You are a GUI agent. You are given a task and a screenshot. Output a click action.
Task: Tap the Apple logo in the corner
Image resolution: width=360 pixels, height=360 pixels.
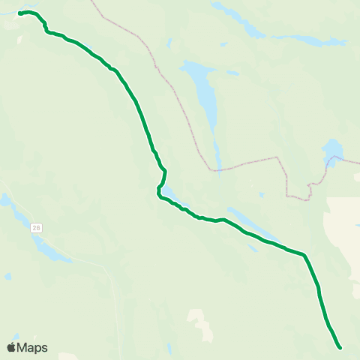(x=11, y=347)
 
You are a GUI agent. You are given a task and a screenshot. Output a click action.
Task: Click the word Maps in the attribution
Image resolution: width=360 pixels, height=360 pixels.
(x=32, y=347)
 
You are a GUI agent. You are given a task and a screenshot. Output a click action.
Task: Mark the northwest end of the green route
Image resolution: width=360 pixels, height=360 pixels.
(x=20, y=13)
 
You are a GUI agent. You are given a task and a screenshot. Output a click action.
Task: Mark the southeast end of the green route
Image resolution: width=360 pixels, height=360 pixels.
(x=340, y=347)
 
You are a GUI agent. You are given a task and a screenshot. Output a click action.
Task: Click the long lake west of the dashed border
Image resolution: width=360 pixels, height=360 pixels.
(x=203, y=94)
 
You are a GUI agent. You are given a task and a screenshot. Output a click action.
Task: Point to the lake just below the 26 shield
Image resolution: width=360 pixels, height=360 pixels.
(x=49, y=250)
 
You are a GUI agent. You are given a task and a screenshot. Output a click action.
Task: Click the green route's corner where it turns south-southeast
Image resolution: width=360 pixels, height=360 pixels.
(x=304, y=256)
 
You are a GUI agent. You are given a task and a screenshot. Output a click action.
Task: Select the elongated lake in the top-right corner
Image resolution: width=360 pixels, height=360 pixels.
(x=307, y=39)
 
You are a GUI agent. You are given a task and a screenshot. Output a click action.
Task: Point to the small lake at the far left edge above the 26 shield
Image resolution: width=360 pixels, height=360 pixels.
(x=5, y=200)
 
